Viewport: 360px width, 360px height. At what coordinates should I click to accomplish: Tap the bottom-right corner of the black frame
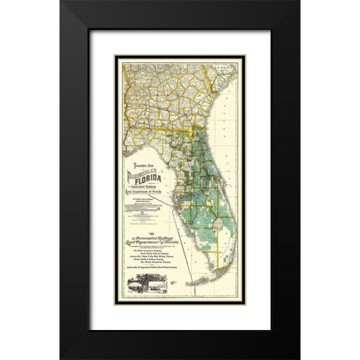click(x=298, y=358)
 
